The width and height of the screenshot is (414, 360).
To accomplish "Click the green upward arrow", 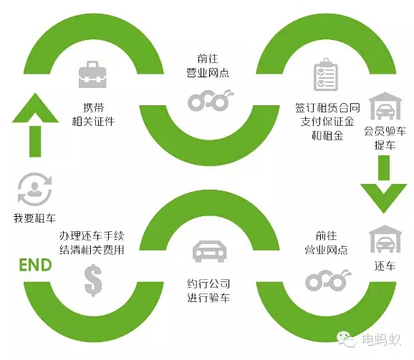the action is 35,125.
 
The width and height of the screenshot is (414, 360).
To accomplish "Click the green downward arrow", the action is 384,184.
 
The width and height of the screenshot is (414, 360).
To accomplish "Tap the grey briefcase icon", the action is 92,74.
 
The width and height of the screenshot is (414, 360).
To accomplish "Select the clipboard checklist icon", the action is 326,74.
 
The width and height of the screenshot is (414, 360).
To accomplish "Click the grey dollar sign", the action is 93,280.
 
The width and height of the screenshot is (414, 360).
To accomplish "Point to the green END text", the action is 35,265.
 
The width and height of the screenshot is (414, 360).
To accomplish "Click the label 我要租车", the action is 34,218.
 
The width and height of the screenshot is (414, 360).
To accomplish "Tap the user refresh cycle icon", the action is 34,189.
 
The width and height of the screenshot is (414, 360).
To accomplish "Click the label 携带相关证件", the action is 93,115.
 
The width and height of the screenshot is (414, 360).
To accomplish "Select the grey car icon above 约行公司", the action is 209,251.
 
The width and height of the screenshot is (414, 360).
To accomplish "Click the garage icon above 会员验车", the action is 385,106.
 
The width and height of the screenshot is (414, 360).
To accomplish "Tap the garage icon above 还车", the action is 385,238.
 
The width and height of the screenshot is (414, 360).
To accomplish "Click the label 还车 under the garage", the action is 385,266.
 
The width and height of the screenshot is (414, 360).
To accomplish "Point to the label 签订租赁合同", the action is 327,107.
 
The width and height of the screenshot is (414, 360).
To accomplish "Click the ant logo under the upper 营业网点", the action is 211,100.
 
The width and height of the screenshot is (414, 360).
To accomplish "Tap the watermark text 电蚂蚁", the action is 382,339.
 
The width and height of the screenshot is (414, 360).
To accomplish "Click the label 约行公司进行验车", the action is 208,291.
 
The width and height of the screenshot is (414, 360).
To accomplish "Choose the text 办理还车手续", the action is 92,235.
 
